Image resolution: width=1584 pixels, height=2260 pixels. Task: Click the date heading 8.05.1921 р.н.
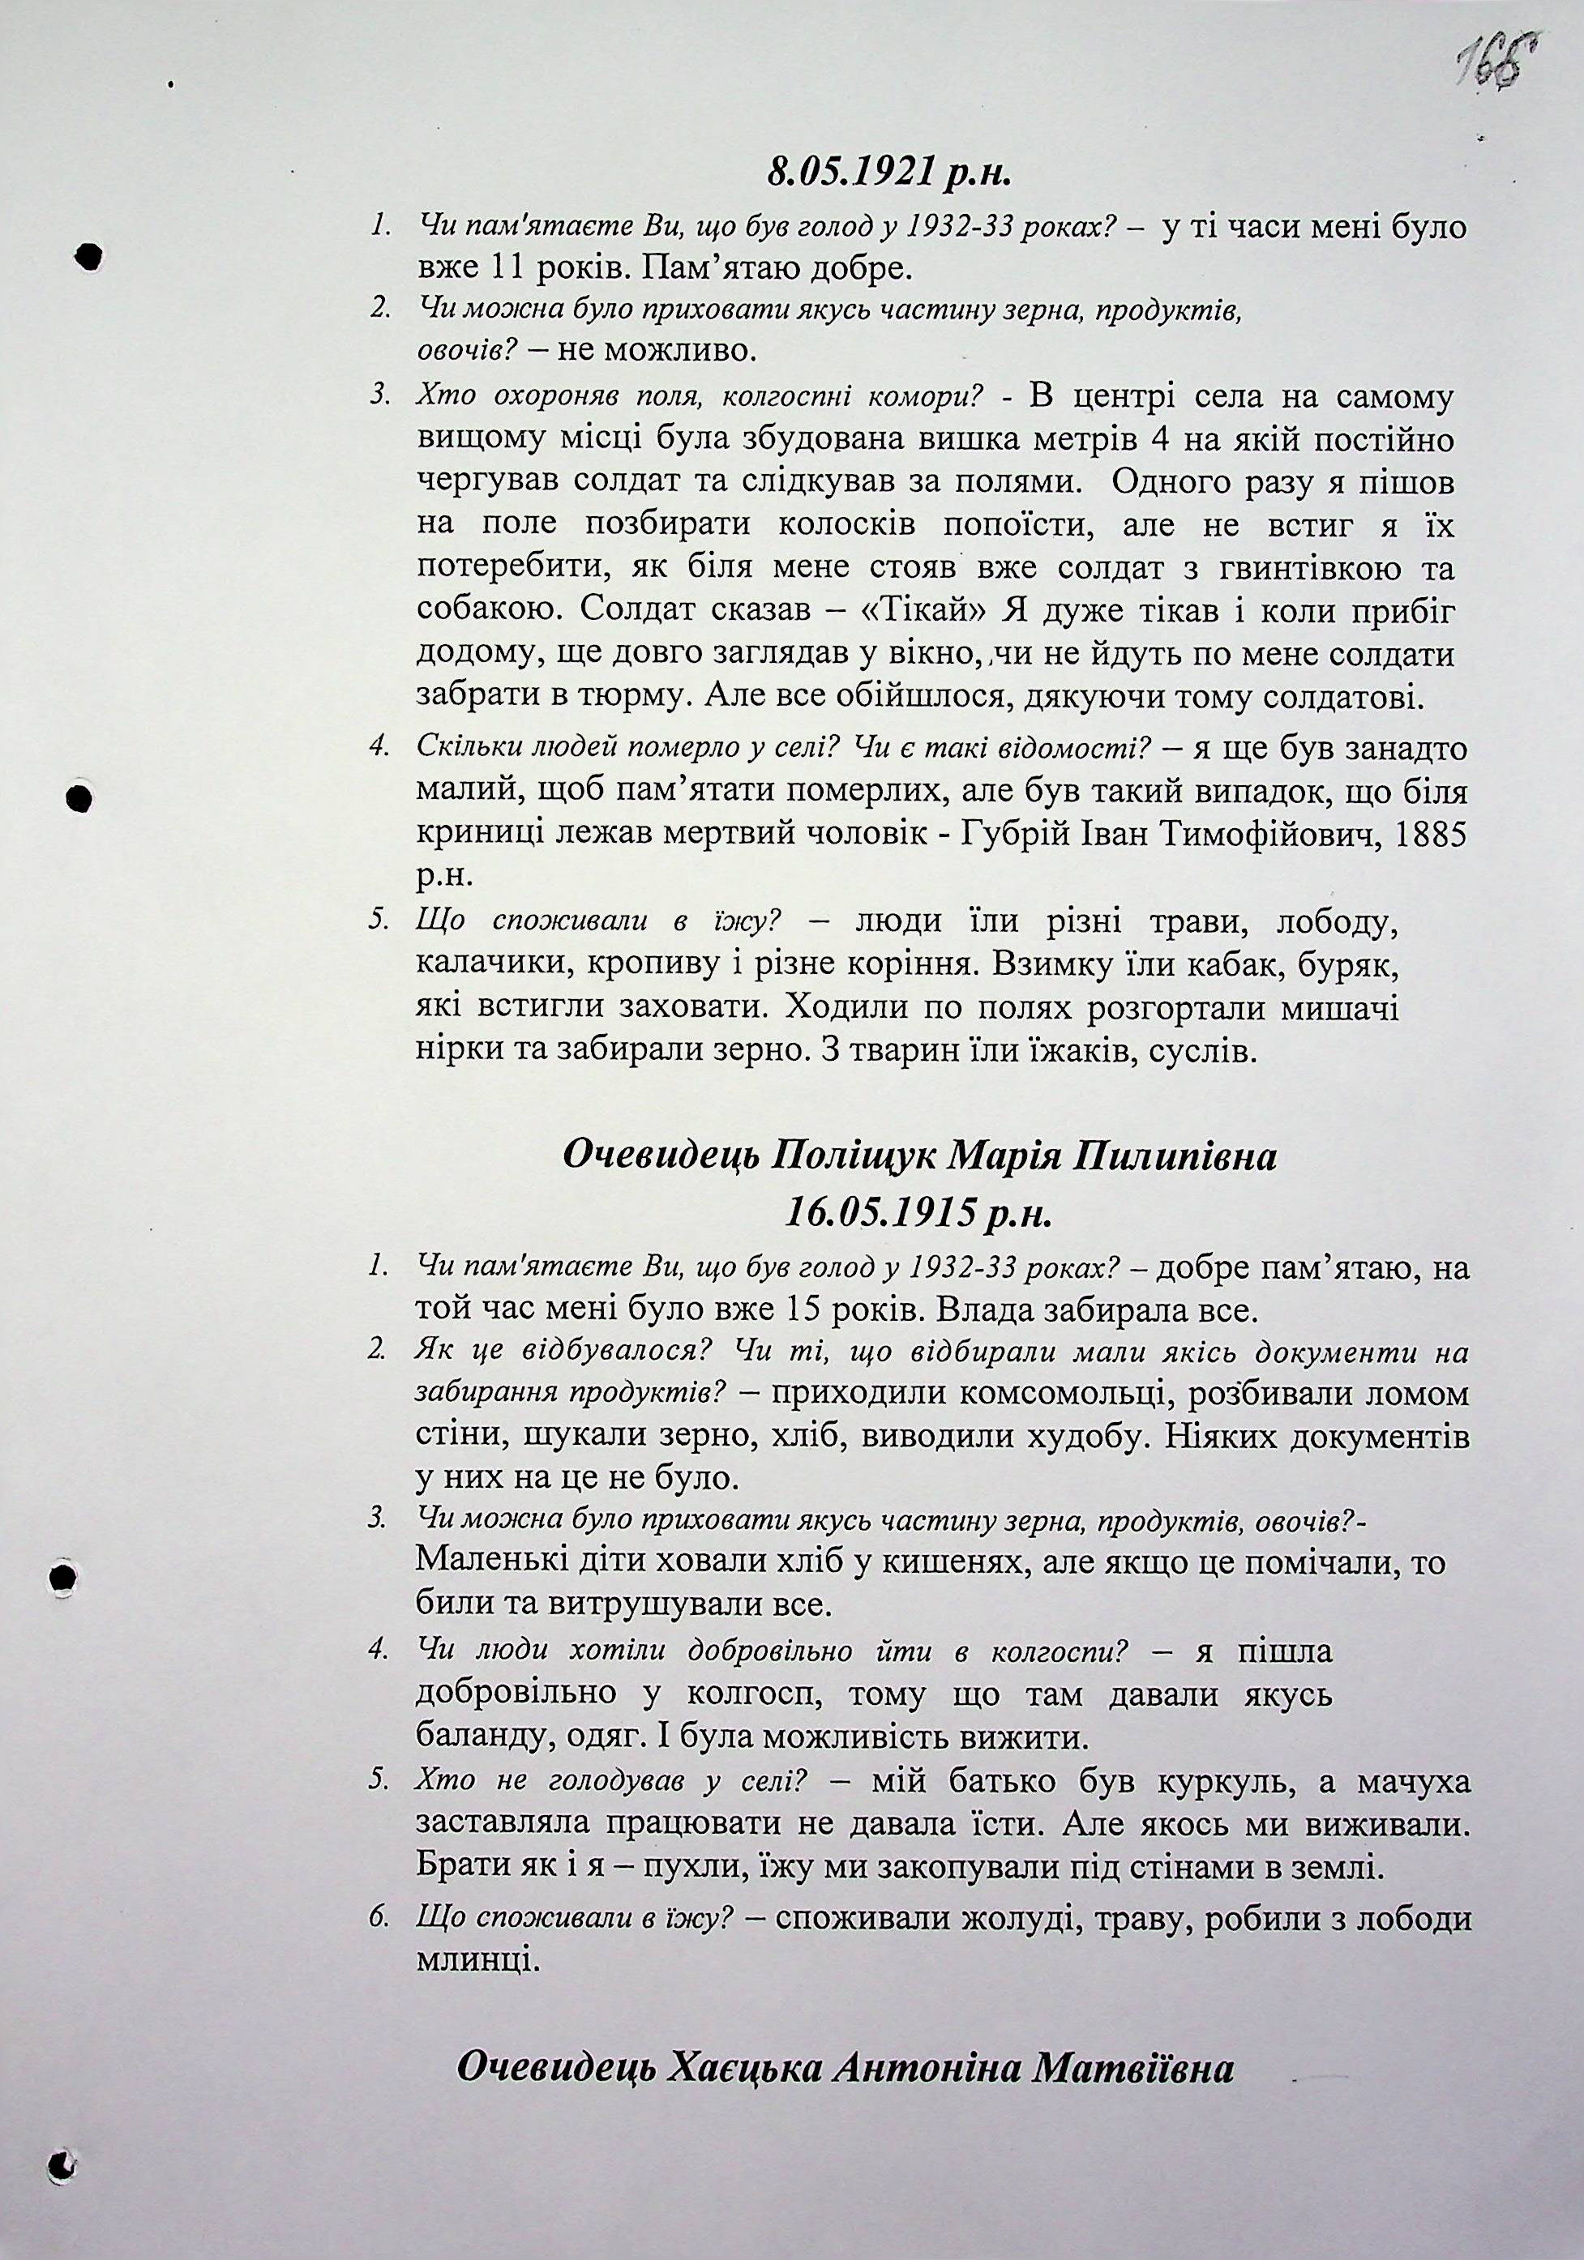[889, 173]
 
